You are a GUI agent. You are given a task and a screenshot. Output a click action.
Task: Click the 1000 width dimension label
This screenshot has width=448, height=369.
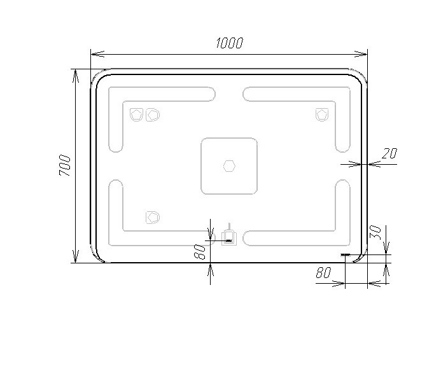(230, 43)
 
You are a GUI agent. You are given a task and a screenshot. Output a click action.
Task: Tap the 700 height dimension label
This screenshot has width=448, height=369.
(64, 165)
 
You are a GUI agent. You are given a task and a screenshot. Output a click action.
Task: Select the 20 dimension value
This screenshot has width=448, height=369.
(389, 154)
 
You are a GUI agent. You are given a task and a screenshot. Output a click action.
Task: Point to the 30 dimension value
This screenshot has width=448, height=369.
(375, 233)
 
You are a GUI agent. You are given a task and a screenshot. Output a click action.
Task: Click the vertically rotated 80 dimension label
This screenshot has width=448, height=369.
(200, 252)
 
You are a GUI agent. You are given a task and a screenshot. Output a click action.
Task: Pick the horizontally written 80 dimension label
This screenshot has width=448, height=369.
(324, 272)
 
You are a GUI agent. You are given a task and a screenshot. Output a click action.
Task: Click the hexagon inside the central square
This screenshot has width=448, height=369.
(229, 166)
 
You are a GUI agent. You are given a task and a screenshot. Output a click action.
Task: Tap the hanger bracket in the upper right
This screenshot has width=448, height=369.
(322, 115)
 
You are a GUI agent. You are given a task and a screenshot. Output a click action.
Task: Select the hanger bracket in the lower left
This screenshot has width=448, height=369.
(153, 218)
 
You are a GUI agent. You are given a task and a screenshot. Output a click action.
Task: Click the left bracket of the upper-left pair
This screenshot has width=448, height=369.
(136, 115)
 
